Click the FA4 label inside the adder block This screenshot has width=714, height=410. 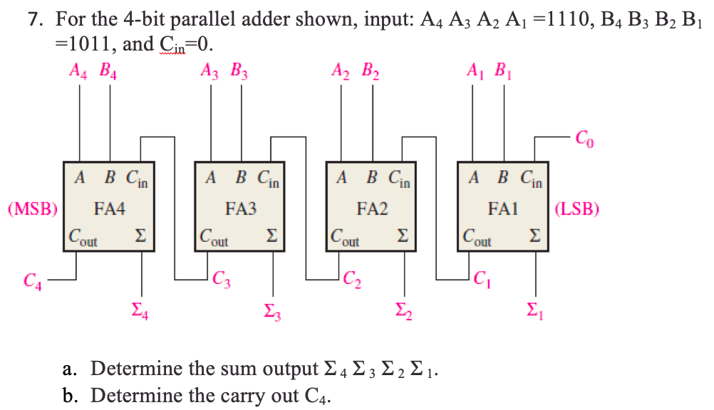(110, 209)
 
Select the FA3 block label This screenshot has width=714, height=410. (240, 209)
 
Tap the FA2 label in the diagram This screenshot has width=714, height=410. (372, 209)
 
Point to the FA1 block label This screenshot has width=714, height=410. (504, 209)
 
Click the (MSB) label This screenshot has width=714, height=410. (33, 209)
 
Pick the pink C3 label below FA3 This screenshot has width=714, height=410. (221, 278)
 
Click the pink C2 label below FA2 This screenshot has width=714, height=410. (352, 278)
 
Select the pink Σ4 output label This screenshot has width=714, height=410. (141, 310)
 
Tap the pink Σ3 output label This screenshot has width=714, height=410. (272, 310)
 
